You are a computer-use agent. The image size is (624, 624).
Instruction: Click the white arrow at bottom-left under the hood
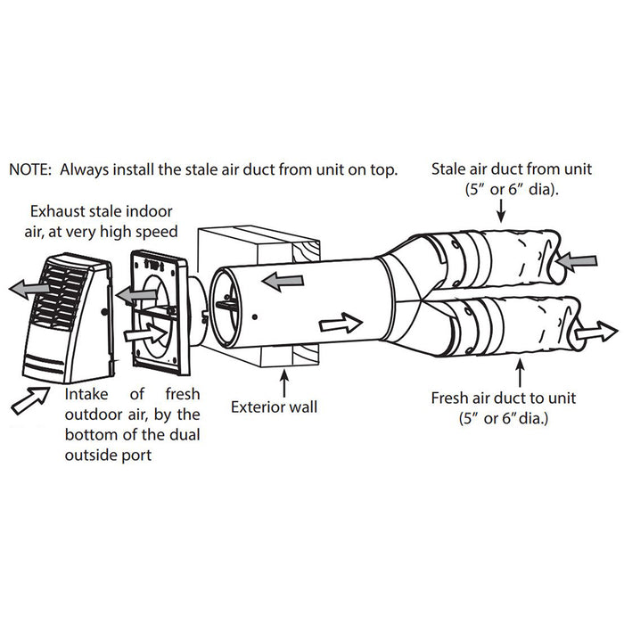click(30, 399)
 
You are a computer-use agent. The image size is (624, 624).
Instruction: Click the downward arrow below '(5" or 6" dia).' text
click(503, 210)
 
